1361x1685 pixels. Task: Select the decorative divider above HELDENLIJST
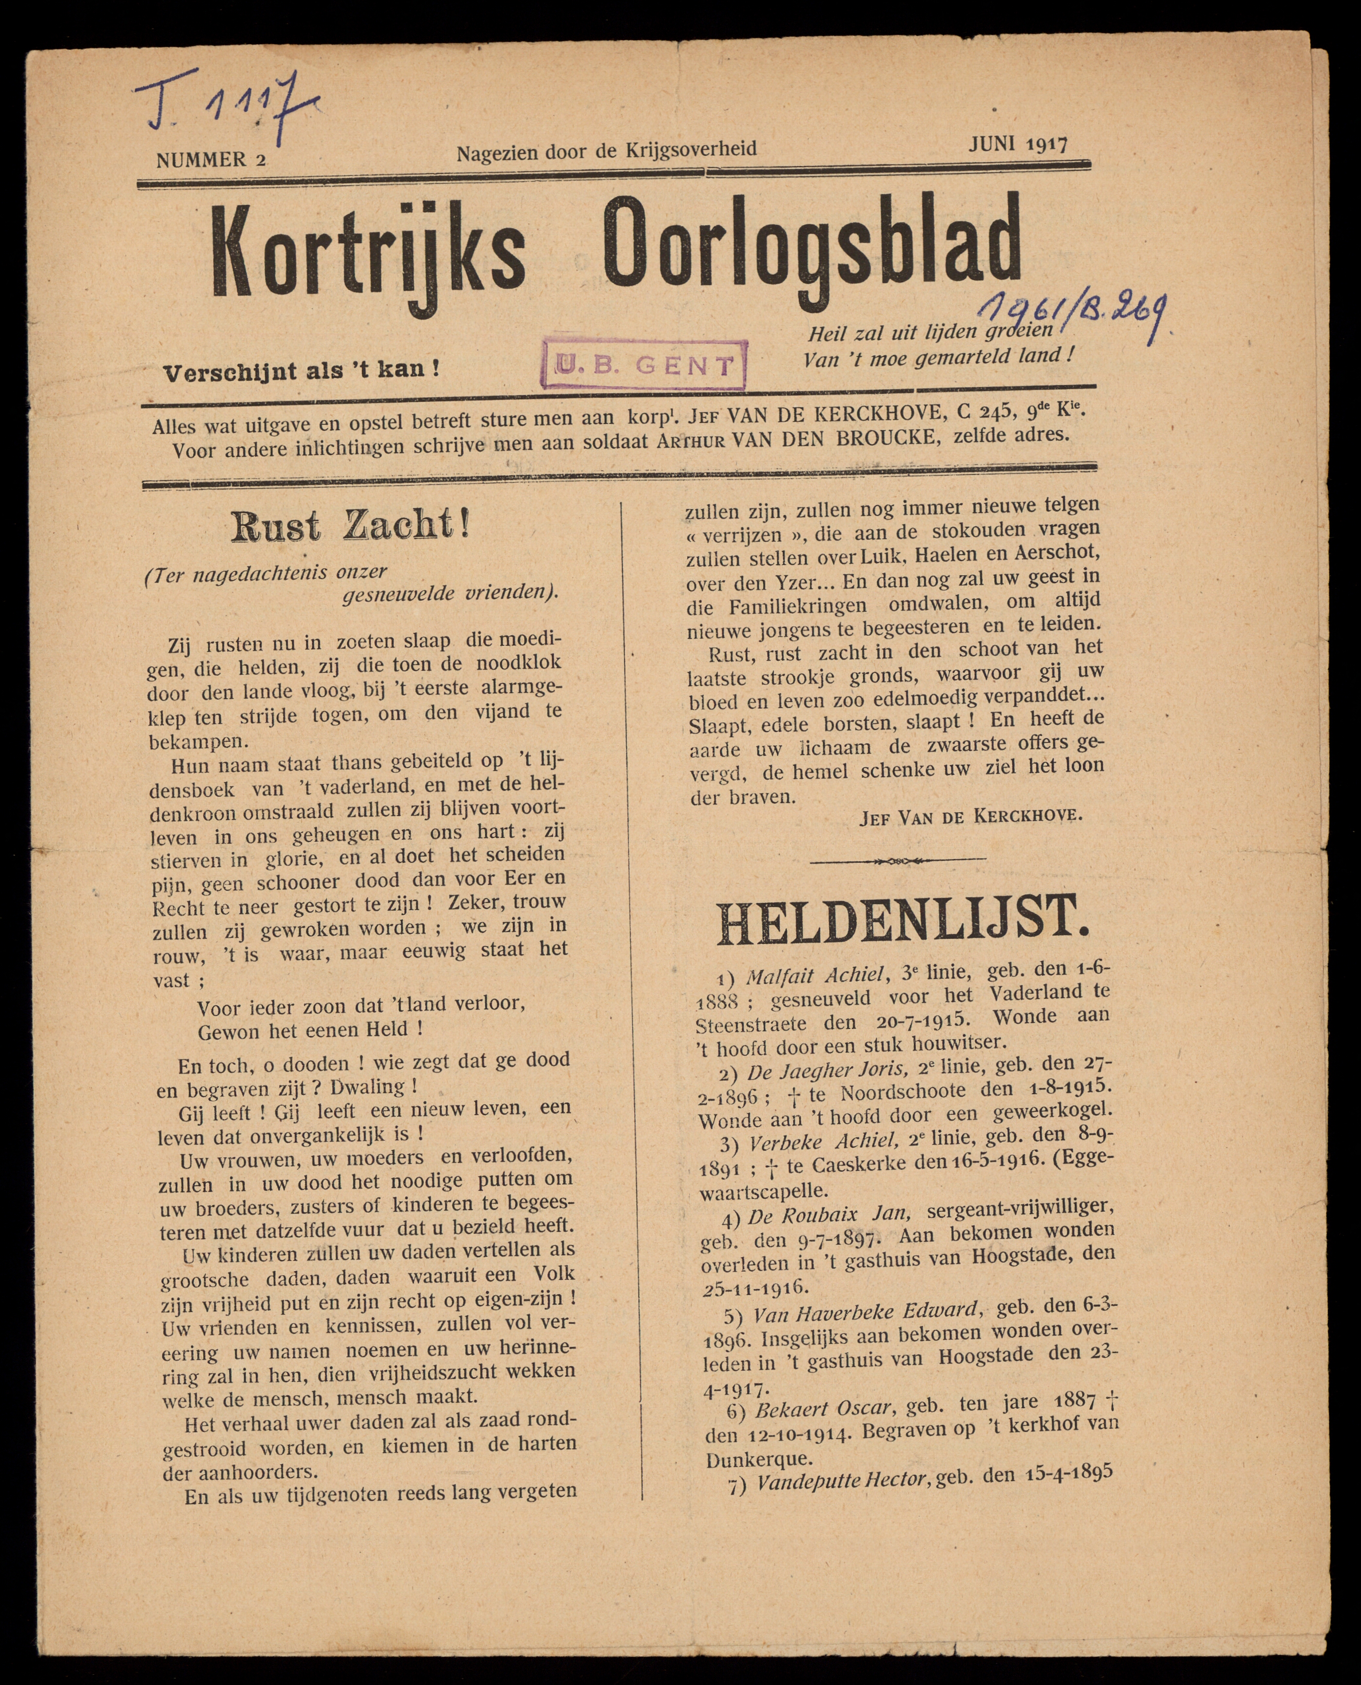click(898, 860)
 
